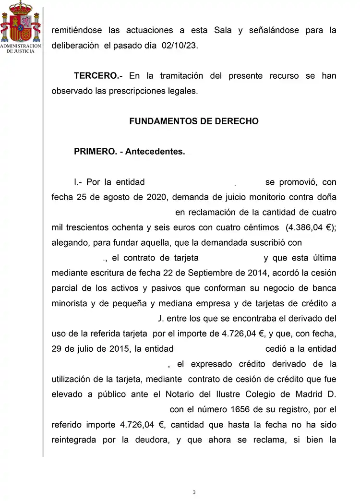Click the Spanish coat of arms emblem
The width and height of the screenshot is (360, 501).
point(21,22)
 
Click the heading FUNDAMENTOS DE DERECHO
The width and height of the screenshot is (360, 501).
point(194,121)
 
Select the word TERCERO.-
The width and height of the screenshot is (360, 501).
point(98,76)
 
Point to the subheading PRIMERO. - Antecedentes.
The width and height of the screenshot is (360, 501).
point(129,152)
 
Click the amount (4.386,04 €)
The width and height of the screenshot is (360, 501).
point(311,227)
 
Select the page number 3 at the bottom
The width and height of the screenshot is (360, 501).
point(194,492)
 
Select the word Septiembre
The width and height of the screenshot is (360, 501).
point(198,273)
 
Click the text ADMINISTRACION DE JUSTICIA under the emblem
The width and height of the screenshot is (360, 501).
point(21,48)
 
